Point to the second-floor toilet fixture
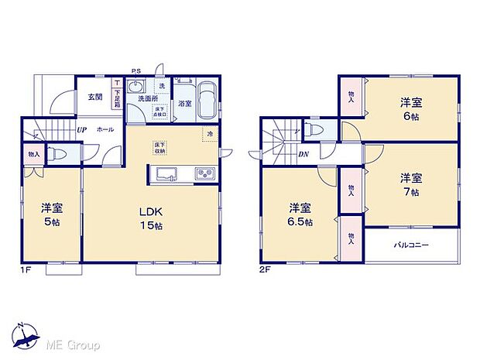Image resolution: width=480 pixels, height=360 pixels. pyautogui.click(x=311, y=129)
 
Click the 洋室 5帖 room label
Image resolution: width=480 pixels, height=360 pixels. pyautogui.click(x=53, y=214)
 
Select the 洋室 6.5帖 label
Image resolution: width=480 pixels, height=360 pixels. pyautogui.click(x=300, y=214)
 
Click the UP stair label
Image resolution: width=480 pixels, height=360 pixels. pyautogui.click(x=81, y=130)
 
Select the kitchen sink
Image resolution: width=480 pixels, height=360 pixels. pyautogui.click(x=166, y=173)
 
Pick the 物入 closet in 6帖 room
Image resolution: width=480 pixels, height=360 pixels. pyautogui.click(x=349, y=96)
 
